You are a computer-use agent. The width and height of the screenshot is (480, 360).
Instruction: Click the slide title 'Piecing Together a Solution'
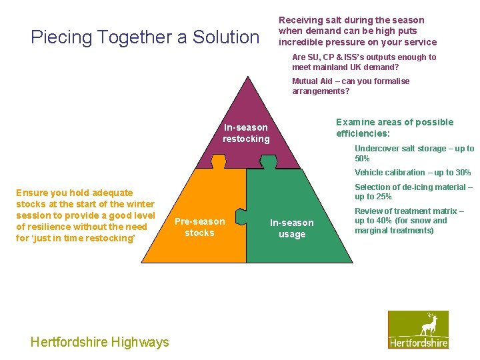click(x=145, y=37)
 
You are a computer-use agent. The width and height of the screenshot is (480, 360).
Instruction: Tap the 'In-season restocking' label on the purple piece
click(x=246, y=133)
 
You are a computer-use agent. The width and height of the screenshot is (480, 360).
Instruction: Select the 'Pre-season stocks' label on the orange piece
click(x=199, y=227)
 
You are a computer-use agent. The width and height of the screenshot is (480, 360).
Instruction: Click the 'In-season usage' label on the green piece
click(x=291, y=228)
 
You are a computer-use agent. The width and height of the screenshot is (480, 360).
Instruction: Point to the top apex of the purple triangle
click(x=246, y=77)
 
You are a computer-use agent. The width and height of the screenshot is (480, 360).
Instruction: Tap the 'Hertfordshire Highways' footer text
click(x=100, y=342)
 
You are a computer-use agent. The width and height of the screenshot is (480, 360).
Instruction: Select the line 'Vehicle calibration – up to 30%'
click(x=413, y=172)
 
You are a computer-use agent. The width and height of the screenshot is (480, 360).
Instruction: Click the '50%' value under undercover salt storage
click(x=362, y=159)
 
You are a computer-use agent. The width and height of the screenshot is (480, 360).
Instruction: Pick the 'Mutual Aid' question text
click(x=351, y=86)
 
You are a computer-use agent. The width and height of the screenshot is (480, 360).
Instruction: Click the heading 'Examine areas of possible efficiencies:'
click(x=394, y=127)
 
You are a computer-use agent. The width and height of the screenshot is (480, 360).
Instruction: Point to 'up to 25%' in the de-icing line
click(x=373, y=197)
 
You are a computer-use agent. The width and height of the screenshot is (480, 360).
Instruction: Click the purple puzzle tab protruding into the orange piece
click(x=218, y=161)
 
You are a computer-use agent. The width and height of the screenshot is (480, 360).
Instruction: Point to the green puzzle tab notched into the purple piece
click(x=269, y=162)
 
